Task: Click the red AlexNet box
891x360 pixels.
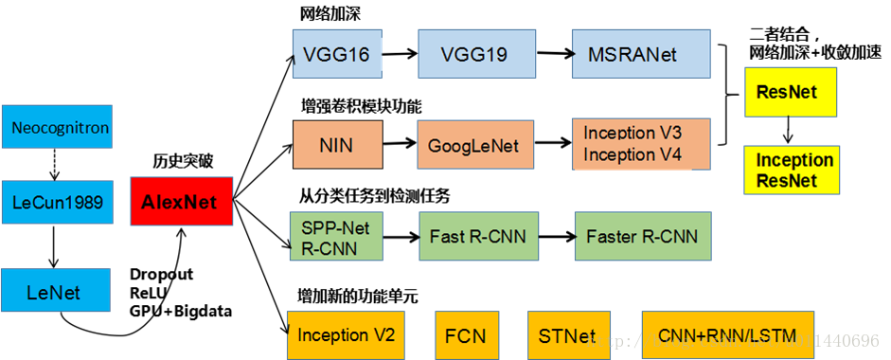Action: pos(181,201)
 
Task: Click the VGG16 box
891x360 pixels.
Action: pos(335,53)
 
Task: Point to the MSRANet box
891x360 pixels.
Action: pos(641,53)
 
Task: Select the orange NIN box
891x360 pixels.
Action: pos(337,146)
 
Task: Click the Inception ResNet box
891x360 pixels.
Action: pos(793,170)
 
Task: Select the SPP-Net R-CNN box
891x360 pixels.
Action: pos(336,236)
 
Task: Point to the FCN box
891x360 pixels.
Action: pos(465,334)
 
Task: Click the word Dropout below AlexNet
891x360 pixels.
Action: pos(161,274)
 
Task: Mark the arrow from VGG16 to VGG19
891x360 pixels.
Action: pos(399,54)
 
